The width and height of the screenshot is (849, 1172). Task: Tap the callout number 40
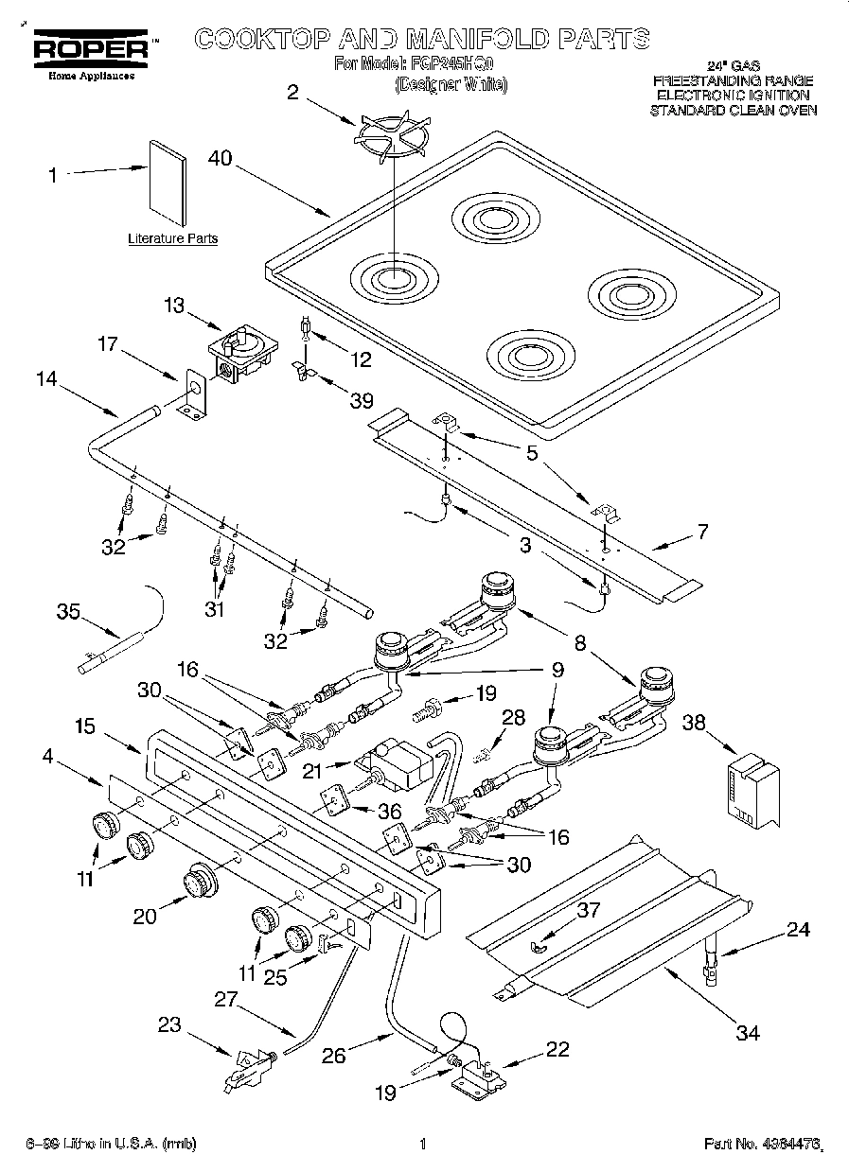[220, 160]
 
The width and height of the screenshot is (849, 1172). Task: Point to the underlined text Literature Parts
[172, 239]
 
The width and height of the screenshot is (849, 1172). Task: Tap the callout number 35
[68, 611]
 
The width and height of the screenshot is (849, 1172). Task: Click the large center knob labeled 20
[199, 882]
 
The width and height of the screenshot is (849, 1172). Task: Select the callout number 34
[748, 1032]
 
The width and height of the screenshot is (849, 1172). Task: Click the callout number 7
[701, 532]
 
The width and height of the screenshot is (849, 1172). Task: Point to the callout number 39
[362, 401]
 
